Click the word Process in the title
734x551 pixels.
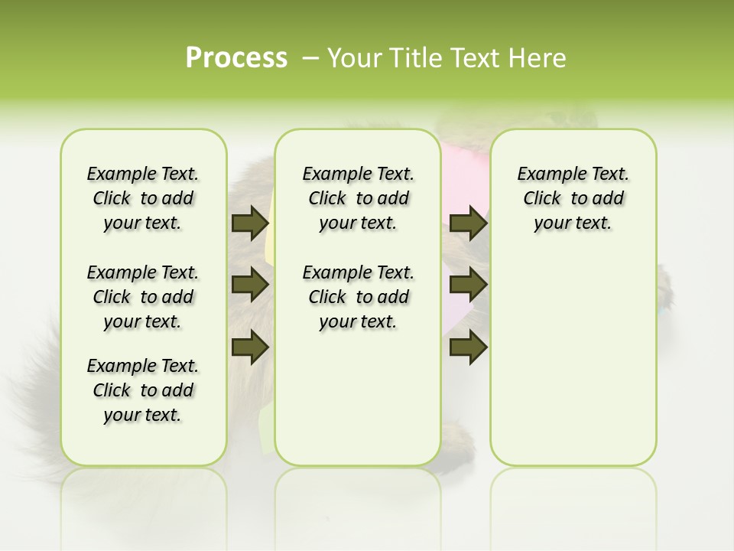click(236, 58)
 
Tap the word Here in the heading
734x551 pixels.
click(539, 58)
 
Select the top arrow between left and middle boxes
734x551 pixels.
click(250, 223)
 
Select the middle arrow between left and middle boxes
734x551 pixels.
click(250, 285)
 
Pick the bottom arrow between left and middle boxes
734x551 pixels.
click(250, 347)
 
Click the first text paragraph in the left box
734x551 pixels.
click(143, 198)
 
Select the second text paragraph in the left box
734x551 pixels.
click(143, 297)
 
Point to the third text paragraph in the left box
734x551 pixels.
click(143, 390)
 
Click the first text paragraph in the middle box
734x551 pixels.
click(358, 198)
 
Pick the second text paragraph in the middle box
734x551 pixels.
click(358, 297)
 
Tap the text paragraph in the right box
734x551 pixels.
click(573, 198)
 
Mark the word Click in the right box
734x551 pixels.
click(542, 199)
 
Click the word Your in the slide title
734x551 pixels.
click(356, 58)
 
